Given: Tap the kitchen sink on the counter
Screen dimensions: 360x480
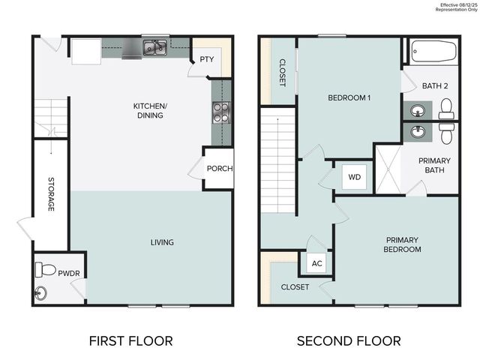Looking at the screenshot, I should pos(156,49).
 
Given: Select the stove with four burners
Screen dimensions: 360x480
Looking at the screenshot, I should pos(222,112).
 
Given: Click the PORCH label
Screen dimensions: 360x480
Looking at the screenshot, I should pos(220,168).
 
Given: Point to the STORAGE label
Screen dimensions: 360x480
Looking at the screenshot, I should pos(51,194).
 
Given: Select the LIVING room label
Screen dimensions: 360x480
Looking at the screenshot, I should pos(162,242).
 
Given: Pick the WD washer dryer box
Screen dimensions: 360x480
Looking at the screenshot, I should pos(353,178).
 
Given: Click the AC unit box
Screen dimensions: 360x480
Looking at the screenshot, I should pos(316,264).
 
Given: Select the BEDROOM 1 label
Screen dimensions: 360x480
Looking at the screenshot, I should pos(349,98).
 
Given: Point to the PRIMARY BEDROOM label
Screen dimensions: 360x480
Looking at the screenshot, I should pos(403,244).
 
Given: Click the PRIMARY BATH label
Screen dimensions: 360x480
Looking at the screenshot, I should pos(435,164).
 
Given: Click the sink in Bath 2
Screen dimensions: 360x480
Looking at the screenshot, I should pos(417,108).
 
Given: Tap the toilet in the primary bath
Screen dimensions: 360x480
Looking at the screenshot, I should pos(447,133).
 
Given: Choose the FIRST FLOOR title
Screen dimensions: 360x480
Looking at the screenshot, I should pos(130,340).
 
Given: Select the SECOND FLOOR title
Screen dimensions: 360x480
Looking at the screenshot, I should pos(349,340).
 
